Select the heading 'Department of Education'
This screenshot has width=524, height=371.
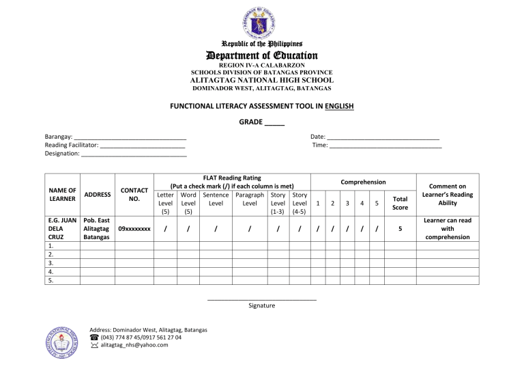262,55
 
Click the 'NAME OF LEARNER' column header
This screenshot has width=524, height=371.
62,194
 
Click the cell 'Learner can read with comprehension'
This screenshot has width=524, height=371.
448,230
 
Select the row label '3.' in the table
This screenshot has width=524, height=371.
52,262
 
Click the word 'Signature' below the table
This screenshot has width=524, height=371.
262,305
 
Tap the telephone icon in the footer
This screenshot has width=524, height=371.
94,337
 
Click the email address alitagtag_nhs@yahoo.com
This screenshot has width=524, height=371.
134,345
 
